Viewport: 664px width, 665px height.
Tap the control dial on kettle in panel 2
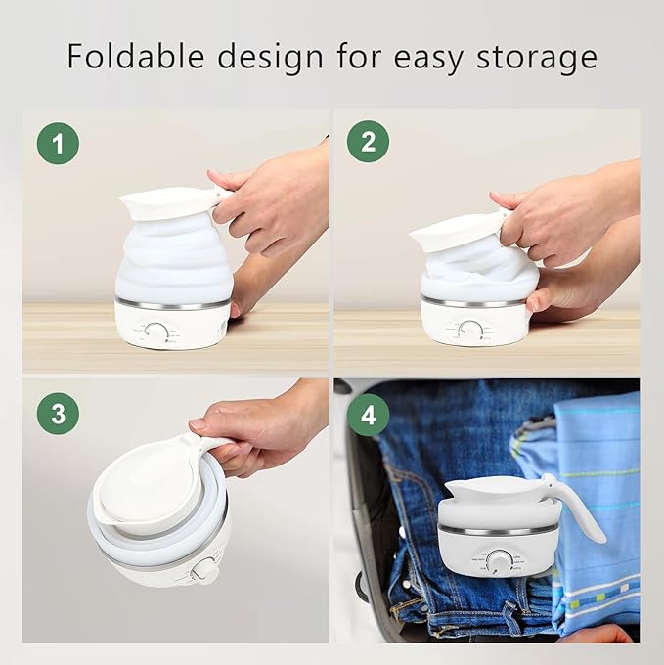pos(470,330)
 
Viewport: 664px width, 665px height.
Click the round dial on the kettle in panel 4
pos(500,561)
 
